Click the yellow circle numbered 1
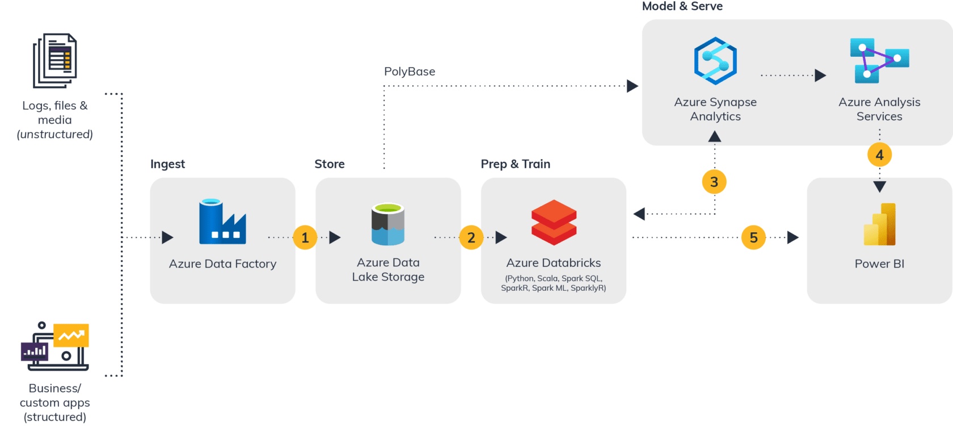tap(305, 237)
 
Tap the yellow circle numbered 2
tap(471, 237)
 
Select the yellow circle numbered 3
tap(714, 182)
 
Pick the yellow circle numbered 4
tap(879, 154)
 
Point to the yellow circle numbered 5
tap(753, 237)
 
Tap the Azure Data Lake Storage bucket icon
tap(388, 224)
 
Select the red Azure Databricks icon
tap(554, 222)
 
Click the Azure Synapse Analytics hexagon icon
tap(715, 61)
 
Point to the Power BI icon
tap(879, 224)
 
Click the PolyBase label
tap(410, 72)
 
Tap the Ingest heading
tap(167, 164)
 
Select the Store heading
tap(330, 164)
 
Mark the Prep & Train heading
tap(515, 164)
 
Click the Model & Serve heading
tap(682, 6)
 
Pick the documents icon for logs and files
tap(55, 60)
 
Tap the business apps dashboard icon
tap(55, 346)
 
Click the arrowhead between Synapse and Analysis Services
tap(820, 75)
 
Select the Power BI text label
tap(879, 264)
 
